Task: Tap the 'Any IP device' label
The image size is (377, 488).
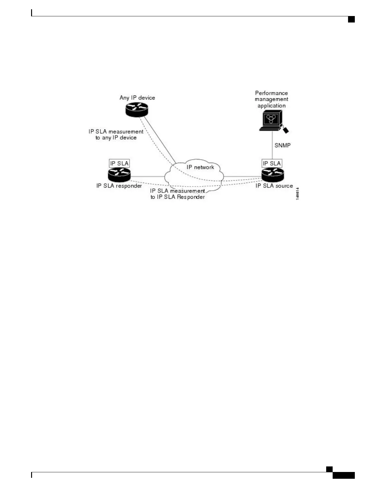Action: coord(137,98)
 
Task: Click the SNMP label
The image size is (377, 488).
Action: coord(282,145)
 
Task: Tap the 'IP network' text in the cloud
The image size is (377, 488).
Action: coord(200,167)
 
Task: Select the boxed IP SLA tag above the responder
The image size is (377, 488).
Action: coord(119,163)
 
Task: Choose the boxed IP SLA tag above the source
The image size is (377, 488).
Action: coord(272,163)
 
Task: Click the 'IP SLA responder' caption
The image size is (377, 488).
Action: coord(119,186)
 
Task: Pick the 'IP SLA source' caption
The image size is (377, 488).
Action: coord(274,186)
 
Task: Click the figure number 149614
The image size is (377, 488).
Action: coord(298,193)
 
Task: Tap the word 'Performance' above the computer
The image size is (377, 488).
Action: coord(271,93)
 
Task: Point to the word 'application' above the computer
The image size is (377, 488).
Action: coord(271,106)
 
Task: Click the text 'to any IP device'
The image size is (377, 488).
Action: coord(116,138)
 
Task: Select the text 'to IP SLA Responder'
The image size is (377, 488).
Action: coord(177,197)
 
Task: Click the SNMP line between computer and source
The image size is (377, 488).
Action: coord(272,145)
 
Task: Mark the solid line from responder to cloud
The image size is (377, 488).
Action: coord(148,177)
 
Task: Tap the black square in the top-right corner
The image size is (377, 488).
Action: coord(351,19)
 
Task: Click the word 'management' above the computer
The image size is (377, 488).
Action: coord(271,99)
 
